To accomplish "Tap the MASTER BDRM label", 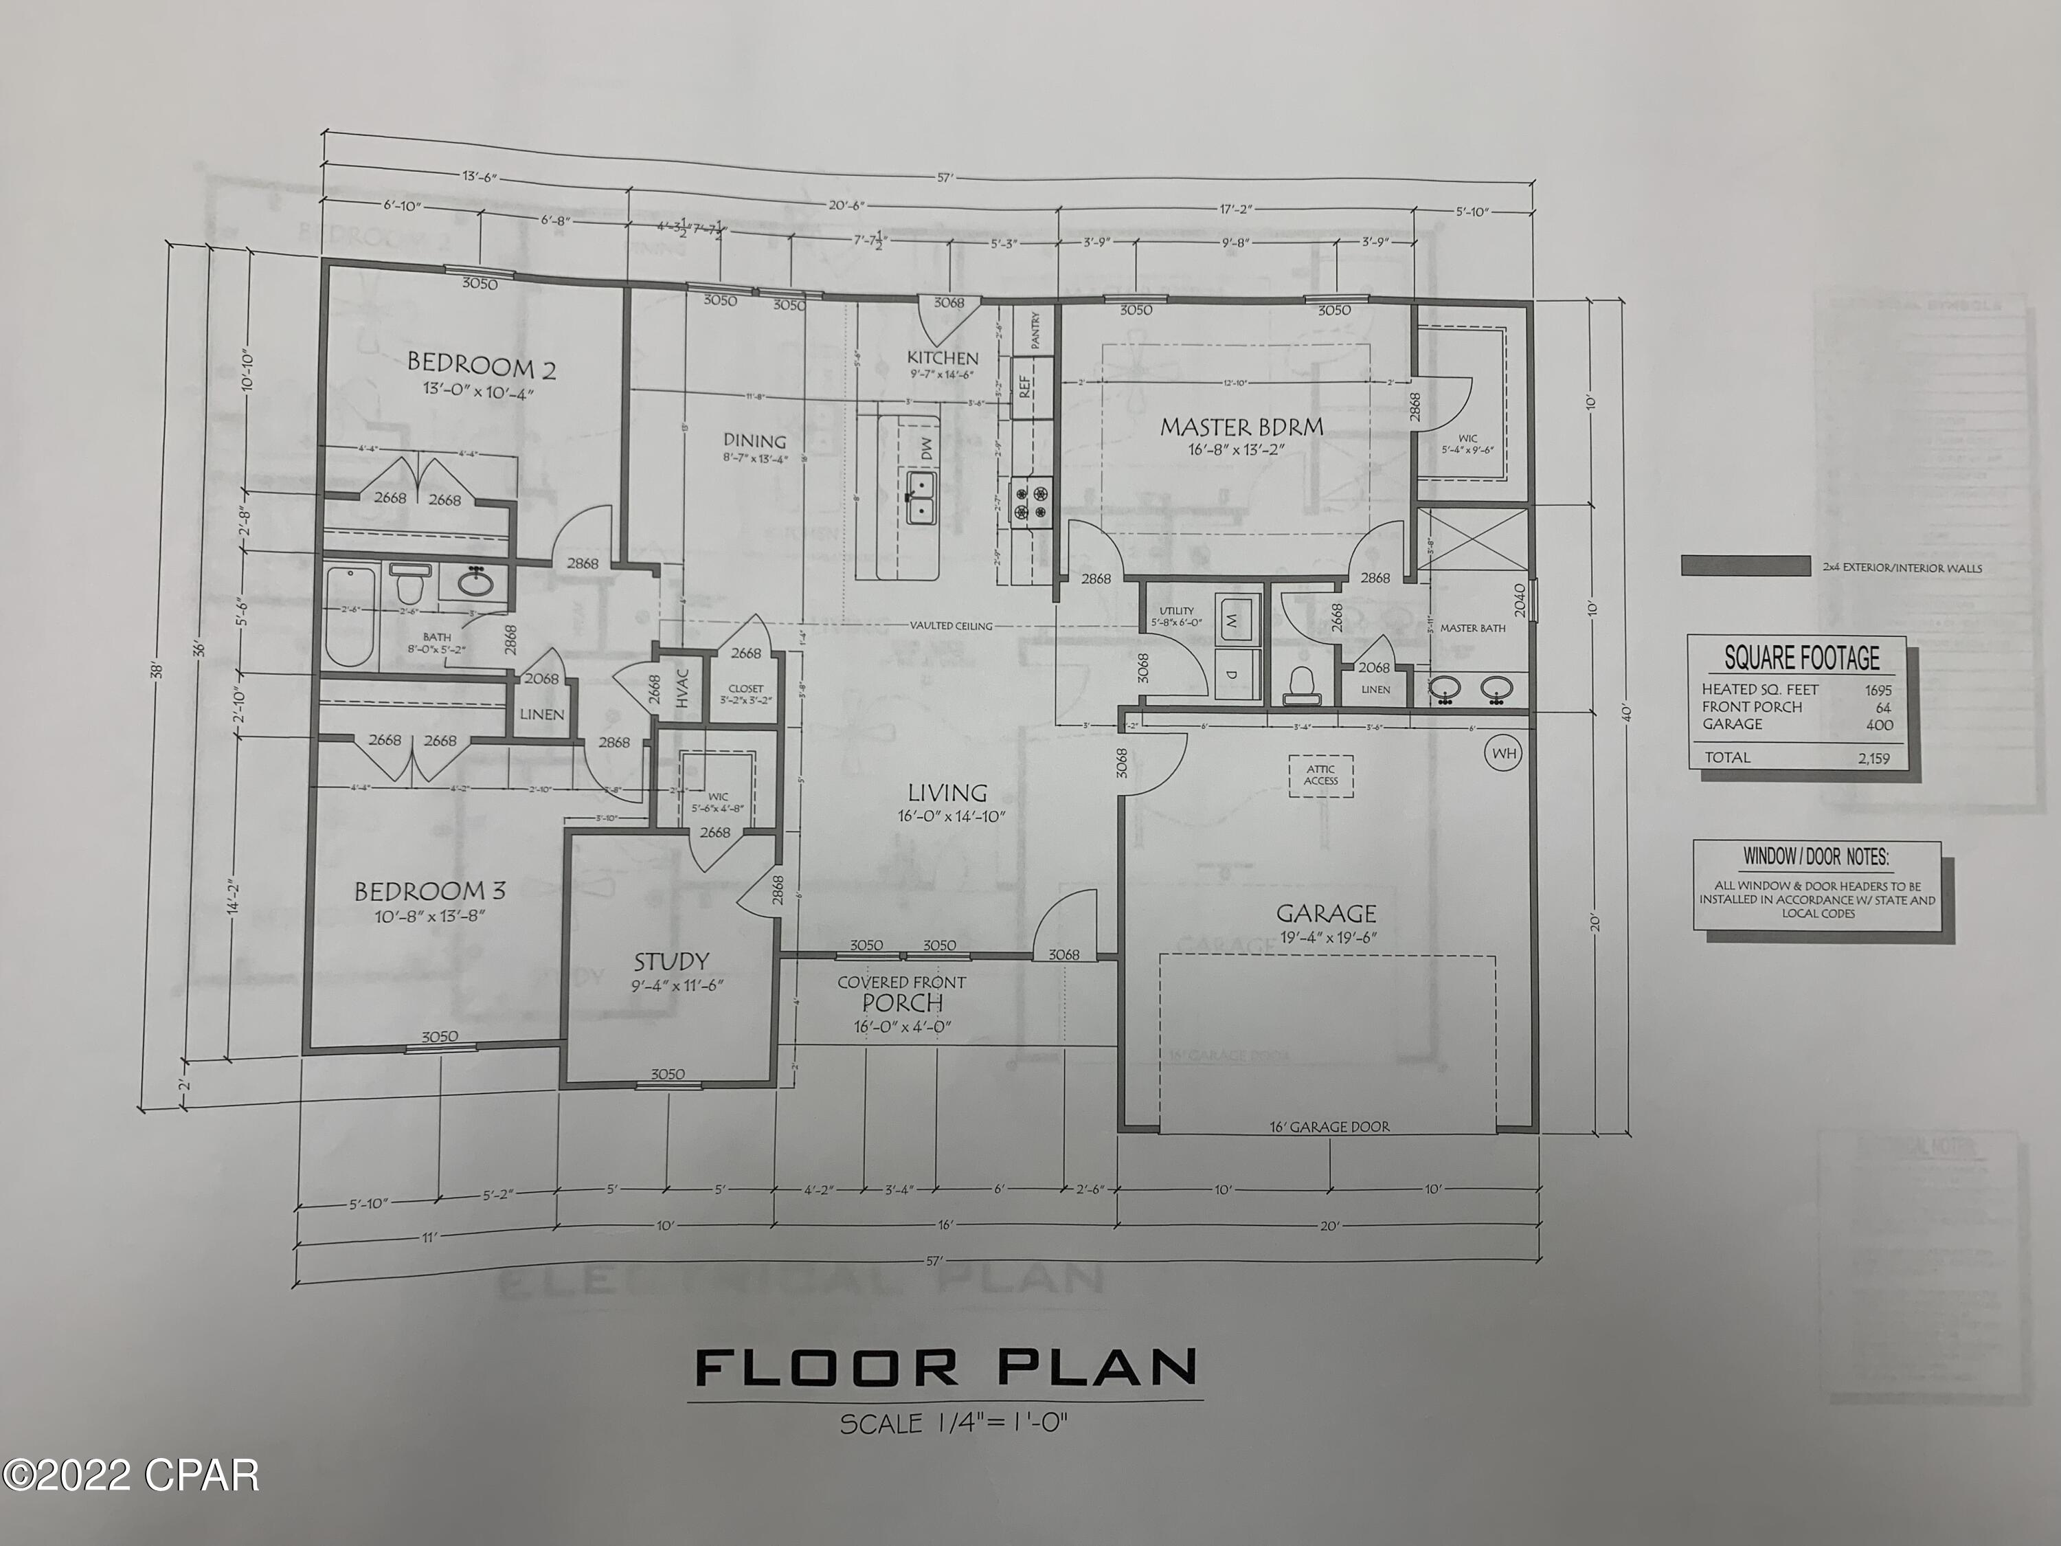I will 1241,428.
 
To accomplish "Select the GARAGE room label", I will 1326,913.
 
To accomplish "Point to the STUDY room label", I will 671,961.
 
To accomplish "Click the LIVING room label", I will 947,793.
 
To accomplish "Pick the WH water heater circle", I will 1504,753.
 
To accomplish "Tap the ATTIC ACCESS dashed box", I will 1320,774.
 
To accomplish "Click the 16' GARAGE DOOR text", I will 1329,1127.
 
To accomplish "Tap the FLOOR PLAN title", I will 945,1368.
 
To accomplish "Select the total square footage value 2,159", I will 1873,758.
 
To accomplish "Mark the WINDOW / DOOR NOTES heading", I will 1816,856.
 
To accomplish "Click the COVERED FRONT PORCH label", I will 901,994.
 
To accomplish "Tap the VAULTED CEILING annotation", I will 951,626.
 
